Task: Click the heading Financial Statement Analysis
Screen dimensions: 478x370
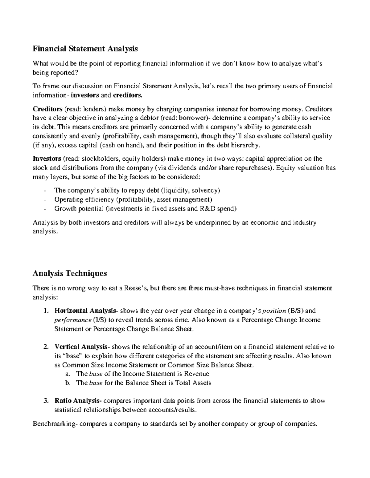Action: pos(85,49)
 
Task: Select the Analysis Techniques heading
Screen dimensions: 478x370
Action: pos(70,273)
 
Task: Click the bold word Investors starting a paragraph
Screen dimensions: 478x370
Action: pos(47,159)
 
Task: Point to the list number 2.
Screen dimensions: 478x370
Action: pos(46,347)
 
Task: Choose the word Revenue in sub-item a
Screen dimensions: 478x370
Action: pos(196,374)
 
